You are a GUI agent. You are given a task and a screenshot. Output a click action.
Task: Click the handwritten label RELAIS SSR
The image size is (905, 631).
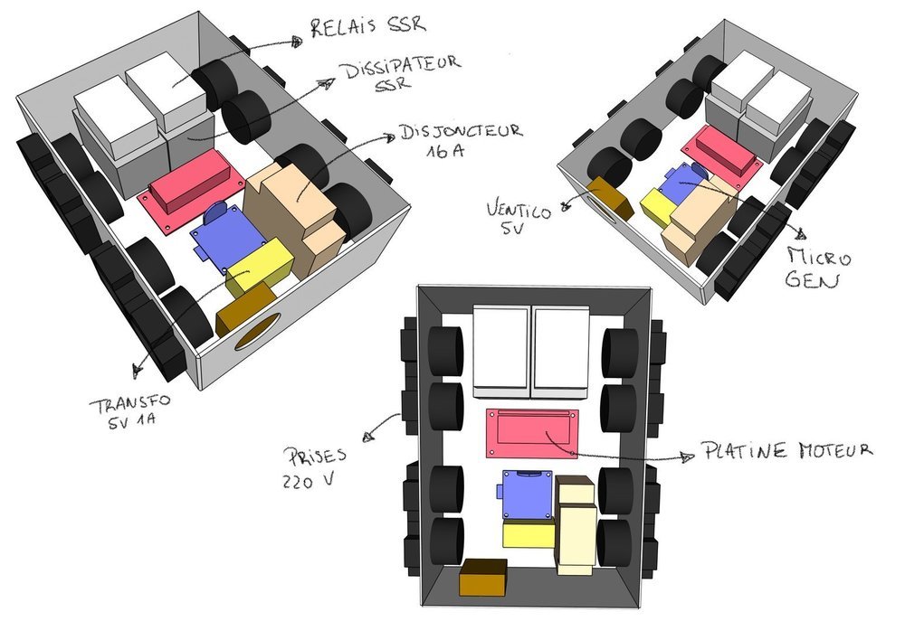point(368,26)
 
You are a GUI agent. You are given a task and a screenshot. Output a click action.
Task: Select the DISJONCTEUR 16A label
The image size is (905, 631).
point(461,139)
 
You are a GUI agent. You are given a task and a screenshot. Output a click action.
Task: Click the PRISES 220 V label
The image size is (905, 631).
point(314,467)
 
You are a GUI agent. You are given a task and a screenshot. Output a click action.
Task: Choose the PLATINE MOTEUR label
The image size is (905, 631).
point(786,450)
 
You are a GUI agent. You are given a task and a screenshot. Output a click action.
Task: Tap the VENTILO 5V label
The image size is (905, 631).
point(519,217)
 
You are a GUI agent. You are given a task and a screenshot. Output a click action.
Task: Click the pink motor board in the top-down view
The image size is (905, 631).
point(531,433)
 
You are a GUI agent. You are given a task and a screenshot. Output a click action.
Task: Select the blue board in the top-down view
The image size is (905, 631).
point(527,494)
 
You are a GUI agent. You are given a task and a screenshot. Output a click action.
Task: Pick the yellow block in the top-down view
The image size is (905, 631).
point(529,533)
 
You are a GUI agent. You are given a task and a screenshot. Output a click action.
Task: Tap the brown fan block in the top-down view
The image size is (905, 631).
point(483,577)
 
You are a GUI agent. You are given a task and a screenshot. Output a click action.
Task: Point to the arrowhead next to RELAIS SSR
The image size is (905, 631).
point(297,41)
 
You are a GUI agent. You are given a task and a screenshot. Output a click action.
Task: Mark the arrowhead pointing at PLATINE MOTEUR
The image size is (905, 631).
point(688,457)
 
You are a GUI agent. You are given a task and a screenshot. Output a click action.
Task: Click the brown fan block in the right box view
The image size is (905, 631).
point(611,196)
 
